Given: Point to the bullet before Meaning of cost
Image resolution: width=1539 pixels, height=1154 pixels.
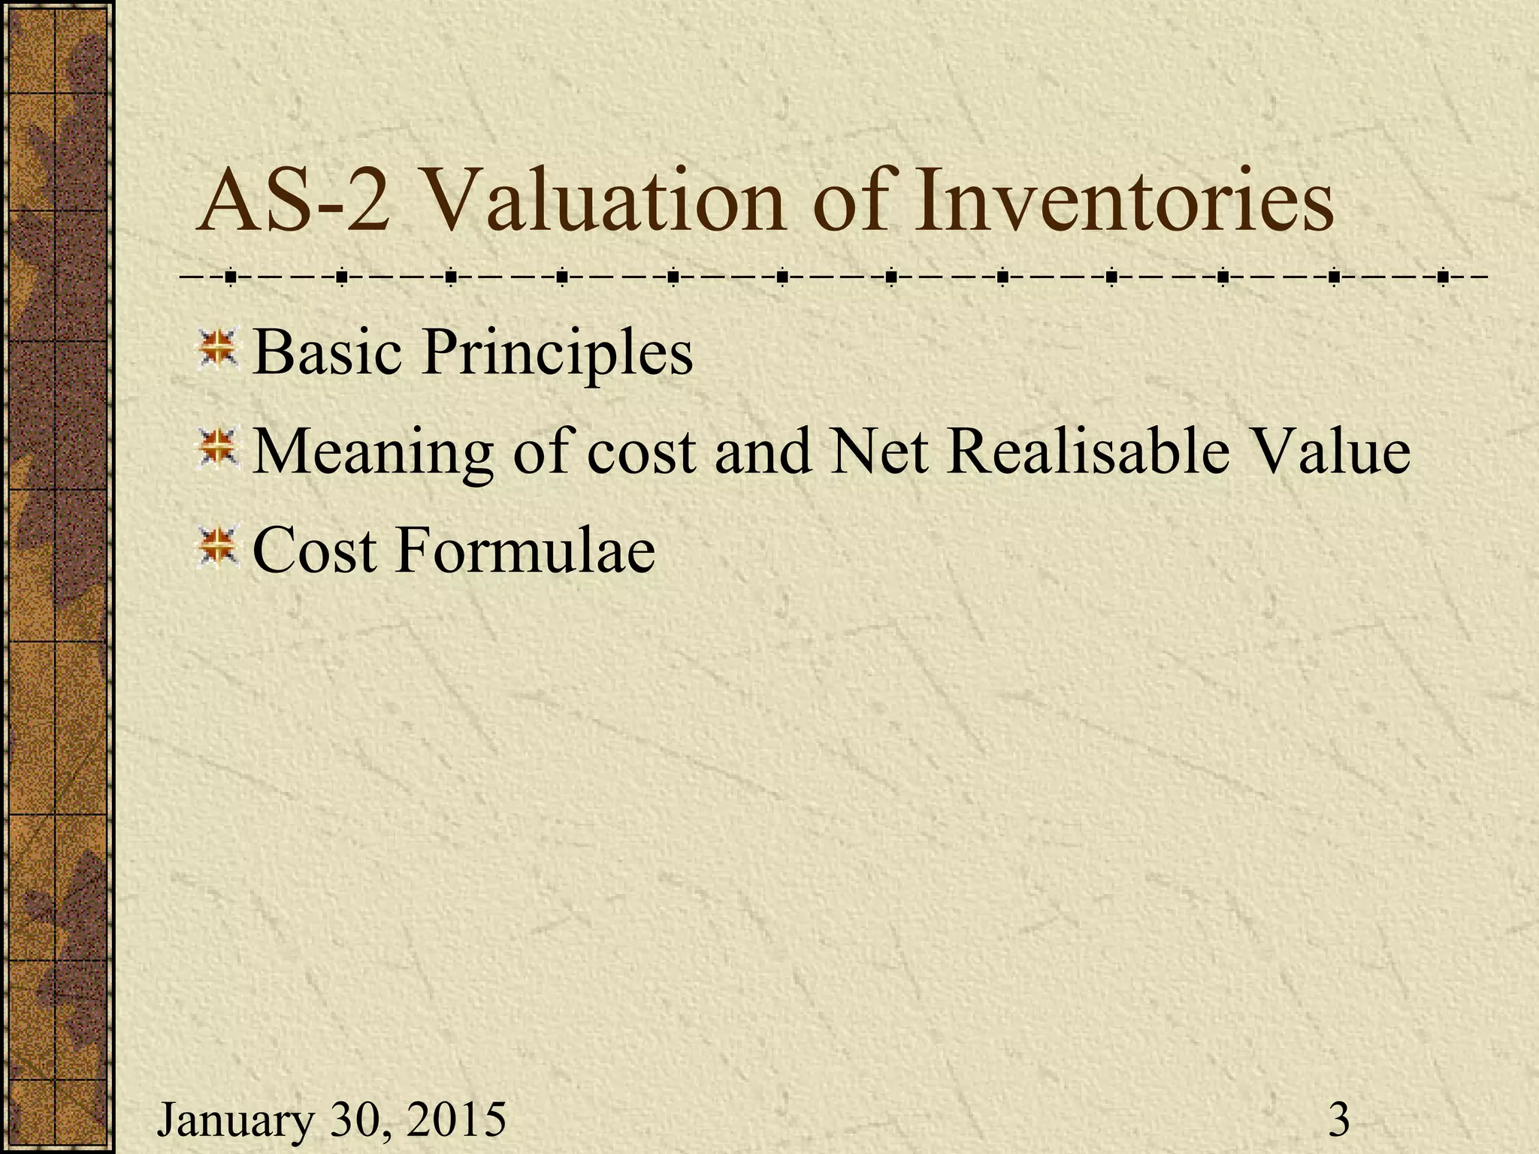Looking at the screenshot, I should pyautogui.click(x=217, y=449).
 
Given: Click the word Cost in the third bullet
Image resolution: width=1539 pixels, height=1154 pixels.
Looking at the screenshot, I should pyautogui.click(x=314, y=551).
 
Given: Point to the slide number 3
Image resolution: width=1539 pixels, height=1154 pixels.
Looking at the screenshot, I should pyautogui.click(x=1338, y=1119).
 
